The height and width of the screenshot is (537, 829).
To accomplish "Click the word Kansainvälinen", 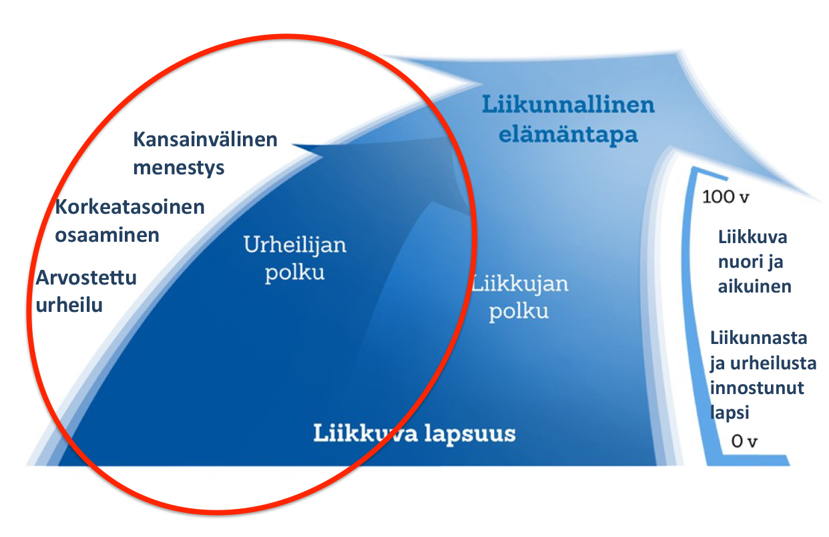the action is tap(205, 140).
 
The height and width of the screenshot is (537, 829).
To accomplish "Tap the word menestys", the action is tap(179, 168).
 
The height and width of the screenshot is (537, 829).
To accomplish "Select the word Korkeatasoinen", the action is tap(129, 206).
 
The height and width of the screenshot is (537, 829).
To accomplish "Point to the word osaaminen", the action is tap(107, 235).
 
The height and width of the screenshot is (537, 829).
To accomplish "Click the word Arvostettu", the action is tap(86, 278).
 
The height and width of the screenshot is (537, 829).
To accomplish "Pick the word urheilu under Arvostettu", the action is tap(69, 305).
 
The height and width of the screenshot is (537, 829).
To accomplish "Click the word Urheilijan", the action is tap(295, 245).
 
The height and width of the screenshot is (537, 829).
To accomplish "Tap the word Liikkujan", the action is tap(520, 285).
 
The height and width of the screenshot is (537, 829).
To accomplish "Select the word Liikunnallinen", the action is tap(569, 104).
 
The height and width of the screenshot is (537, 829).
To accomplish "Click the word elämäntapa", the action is tap(568, 134).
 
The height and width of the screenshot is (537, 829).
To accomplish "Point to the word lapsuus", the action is tap(470, 433).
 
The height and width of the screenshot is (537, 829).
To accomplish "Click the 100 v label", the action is tap(726, 196).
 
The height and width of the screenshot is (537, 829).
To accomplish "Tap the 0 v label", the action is tap(744, 441).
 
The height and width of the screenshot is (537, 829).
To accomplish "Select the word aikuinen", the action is tap(755, 287).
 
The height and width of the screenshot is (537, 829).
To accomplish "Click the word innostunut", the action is tap(757, 388).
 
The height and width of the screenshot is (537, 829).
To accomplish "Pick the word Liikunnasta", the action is tap(759, 338).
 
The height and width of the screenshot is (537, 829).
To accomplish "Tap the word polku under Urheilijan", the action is tap(294, 273).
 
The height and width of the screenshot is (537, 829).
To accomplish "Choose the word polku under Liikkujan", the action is tap(519, 312).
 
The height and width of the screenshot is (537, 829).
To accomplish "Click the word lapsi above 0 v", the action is tap(730, 413).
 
